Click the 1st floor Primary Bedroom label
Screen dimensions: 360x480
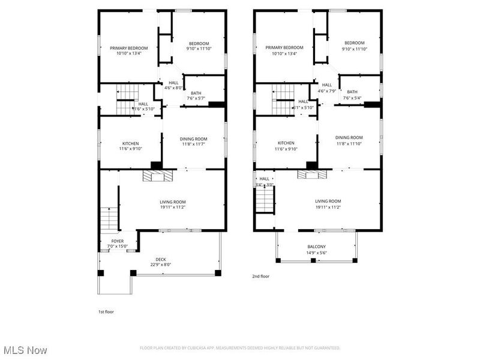[128, 48]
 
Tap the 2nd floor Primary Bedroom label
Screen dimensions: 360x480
[284, 48]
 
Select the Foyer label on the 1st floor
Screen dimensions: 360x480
[118, 241]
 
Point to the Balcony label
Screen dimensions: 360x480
[317, 247]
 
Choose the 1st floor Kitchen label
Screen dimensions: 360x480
[130, 143]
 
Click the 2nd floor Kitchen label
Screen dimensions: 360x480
[287, 143]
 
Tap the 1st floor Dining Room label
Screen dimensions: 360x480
[193, 139]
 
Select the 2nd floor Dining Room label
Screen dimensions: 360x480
[349, 137]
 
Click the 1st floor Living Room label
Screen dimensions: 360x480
[173, 202]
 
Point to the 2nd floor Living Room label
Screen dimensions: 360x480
[328, 202]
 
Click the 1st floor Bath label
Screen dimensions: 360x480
[196, 93]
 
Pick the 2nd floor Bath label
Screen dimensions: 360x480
[352, 92]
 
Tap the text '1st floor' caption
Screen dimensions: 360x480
[106, 312]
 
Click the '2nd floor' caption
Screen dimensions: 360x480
[261, 277]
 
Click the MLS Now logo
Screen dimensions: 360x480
[25, 350]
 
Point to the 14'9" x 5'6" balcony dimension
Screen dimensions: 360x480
[317, 253]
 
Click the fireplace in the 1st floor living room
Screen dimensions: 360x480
[157, 176]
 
